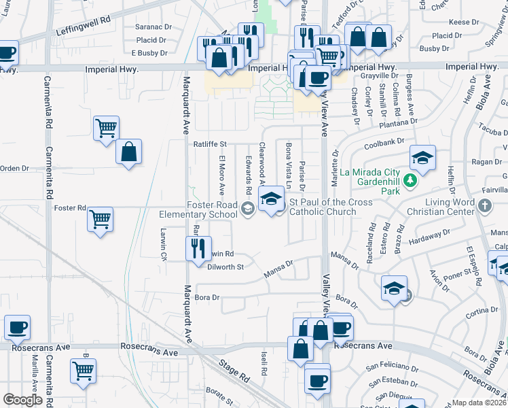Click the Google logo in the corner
[x=22, y=400]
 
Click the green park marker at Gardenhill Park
[x=410, y=180]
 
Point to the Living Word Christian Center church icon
[x=484, y=205]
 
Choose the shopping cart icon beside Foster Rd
[x=101, y=220]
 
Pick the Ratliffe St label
[x=209, y=144]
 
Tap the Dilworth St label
[x=225, y=267]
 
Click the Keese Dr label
[x=465, y=22]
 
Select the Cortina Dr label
[x=483, y=311]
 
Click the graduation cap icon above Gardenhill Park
[x=422, y=160]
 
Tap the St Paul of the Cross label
[x=331, y=203]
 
